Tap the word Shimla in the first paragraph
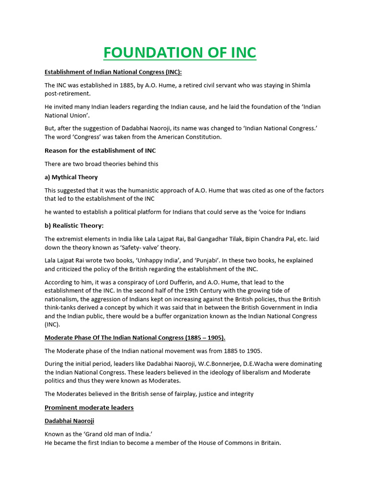[x=300, y=85]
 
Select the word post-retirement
[x=67, y=94]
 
